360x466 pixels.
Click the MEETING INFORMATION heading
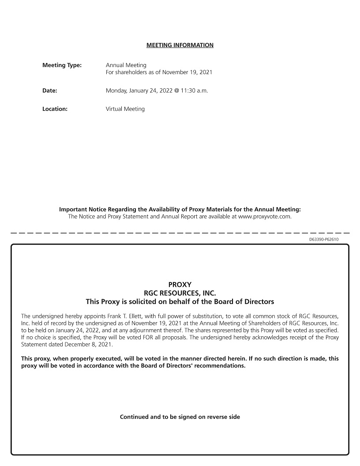click(x=180, y=45)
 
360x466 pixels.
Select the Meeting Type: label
click(x=62, y=65)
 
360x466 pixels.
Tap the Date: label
click(x=50, y=90)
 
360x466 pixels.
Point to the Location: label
click(x=55, y=109)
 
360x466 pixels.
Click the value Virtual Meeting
click(x=125, y=109)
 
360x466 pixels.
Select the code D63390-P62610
click(x=324, y=239)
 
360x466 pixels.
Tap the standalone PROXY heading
click(x=180, y=285)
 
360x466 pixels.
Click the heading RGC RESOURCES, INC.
click(x=180, y=293)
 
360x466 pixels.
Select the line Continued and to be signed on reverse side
click(x=180, y=417)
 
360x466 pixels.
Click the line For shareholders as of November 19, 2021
click(x=159, y=72)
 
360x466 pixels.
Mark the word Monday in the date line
click(x=116, y=90)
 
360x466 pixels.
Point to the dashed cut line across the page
click(x=180, y=233)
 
